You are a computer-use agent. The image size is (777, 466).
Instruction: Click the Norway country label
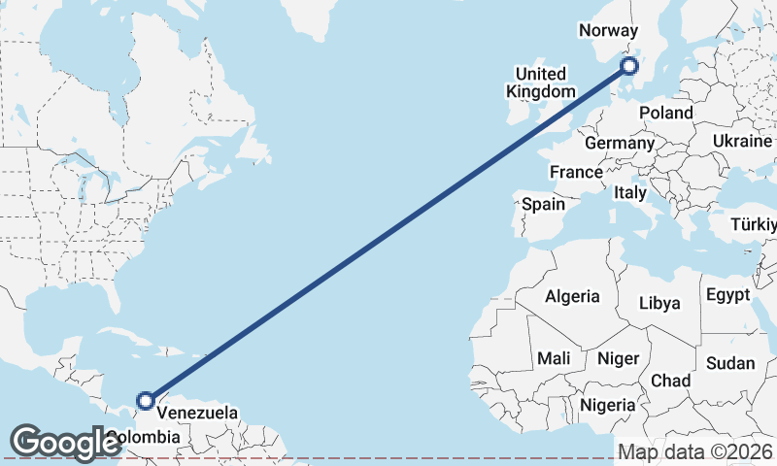(x=608, y=30)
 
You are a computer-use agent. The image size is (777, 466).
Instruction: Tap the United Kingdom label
(x=541, y=83)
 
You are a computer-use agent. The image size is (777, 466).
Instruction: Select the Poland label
(x=666, y=113)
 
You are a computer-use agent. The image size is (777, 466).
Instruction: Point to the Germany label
(x=620, y=143)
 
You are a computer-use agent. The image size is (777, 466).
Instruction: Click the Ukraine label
(x=742, y=141)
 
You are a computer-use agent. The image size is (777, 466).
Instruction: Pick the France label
(x=576, y=172)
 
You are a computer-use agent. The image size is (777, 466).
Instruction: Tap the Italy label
(x=630, y=193)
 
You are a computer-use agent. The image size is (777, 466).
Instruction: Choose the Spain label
(x=543, y=204)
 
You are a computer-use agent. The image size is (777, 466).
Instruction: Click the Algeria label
(x=572, y=296)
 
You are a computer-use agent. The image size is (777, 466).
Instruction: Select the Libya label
(x=659, y=303)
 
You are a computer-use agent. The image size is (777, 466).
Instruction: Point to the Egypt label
(x=727, y=294)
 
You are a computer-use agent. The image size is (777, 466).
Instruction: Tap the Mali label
(x=554, y=358)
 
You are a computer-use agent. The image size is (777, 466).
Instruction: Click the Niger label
(x=618, y=358)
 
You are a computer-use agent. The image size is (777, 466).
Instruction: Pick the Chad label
(x=671, y=380)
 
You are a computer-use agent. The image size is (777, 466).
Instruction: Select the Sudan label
(x=730, y=363)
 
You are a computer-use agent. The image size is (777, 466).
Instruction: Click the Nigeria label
(x=608, y=404)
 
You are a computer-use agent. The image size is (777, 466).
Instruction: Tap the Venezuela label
(x=197, y=413)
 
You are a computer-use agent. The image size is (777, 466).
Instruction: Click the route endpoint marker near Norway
(x=629, y=66)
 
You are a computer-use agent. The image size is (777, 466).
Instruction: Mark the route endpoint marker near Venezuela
(x=146, y=400)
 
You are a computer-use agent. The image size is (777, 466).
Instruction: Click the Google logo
(x=65, y=442)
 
